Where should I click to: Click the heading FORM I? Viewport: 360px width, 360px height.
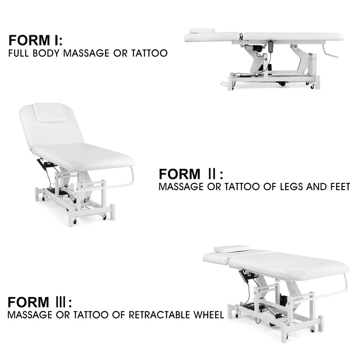click(36, 40)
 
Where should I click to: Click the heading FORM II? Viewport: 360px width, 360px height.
click(191, 174)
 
